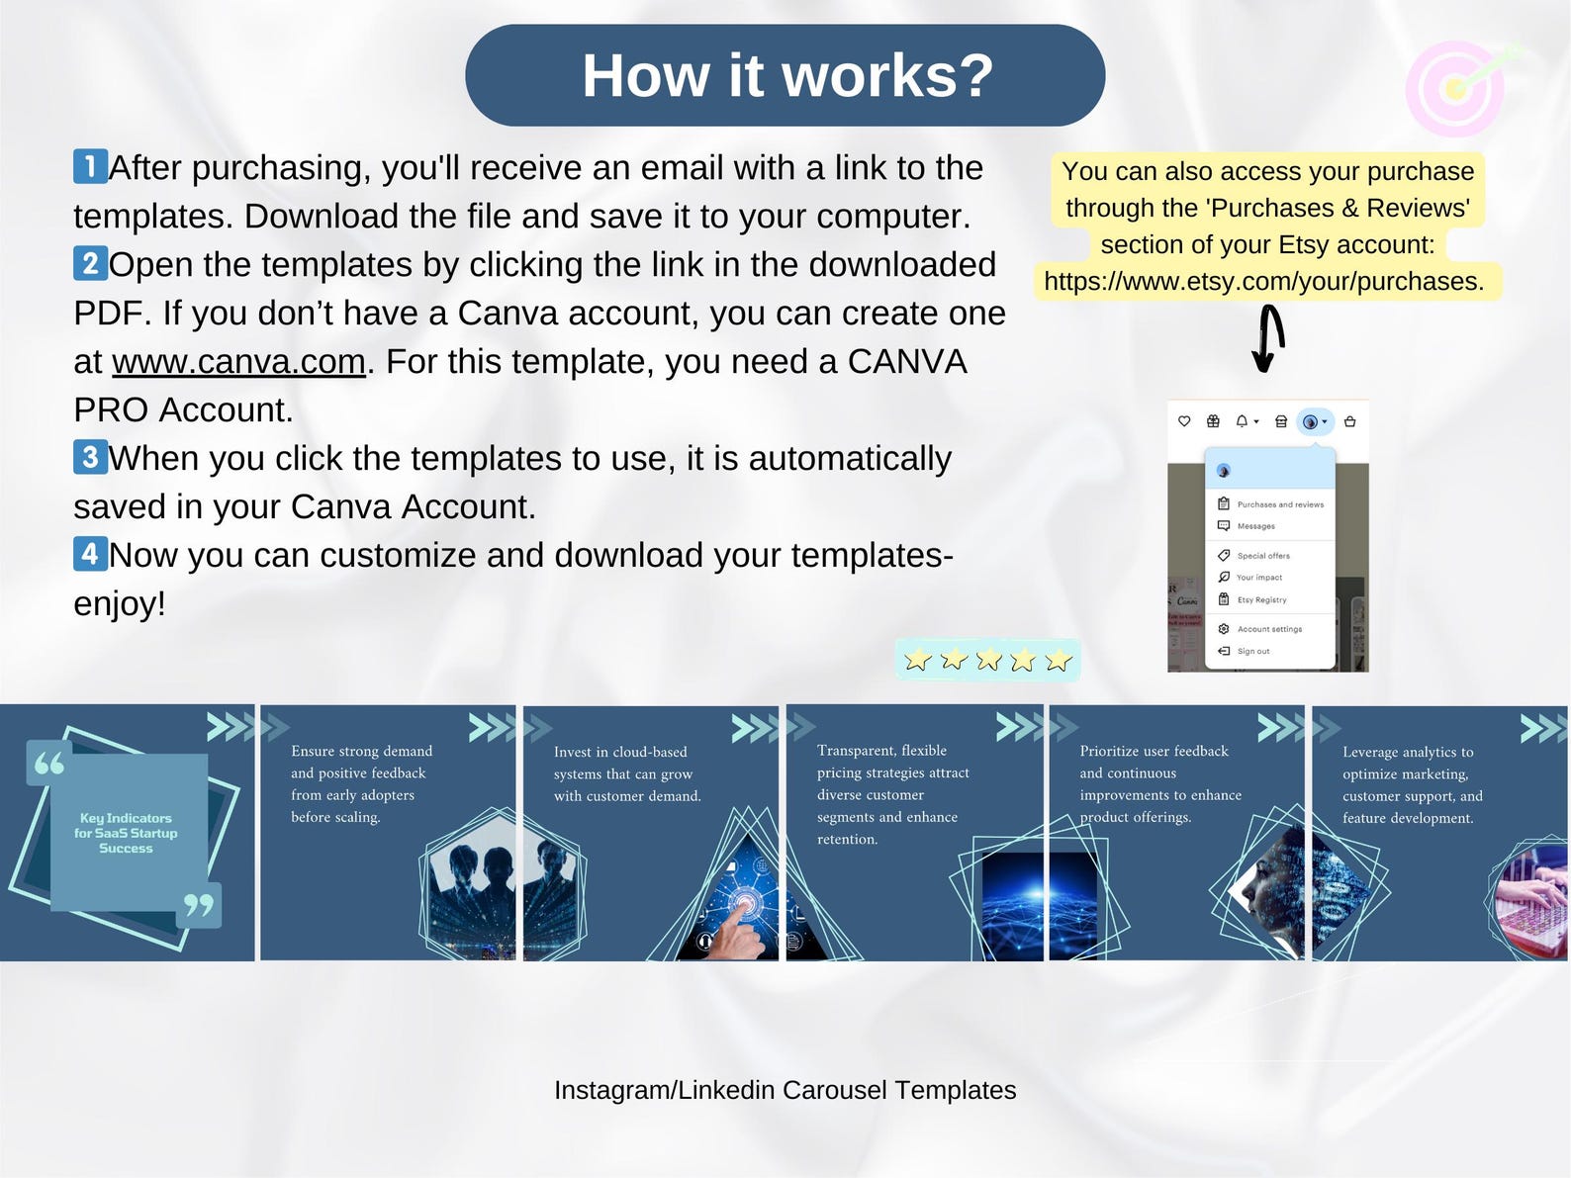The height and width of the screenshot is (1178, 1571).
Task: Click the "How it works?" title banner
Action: tap(785, 75)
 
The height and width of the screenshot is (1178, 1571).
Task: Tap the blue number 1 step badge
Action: tap(90, 166)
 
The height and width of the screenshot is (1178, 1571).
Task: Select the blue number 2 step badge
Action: tap(90, 263)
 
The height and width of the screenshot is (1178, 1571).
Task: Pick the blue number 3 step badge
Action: tap(90, 457)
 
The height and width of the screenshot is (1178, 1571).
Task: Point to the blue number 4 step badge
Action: tap(90, 553)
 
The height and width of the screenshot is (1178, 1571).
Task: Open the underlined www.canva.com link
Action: tap(238, 362)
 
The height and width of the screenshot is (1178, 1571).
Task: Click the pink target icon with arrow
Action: tap(1456, 89)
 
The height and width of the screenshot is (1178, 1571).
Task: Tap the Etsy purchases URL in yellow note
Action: tap(1263, 282)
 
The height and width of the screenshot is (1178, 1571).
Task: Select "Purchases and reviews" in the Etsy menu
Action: tap(1279, 504)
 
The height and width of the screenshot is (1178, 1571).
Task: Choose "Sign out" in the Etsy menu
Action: tap(1252, 651)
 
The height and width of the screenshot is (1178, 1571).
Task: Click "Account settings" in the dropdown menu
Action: tap(1268, 629)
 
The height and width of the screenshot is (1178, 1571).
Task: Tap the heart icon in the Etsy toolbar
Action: tap(1184, 421)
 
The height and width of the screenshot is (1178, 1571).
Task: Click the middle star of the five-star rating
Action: tap(987, 660)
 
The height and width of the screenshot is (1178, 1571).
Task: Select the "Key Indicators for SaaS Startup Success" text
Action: tap(126, 833)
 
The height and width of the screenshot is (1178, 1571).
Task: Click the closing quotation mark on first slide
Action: tap(198, 905)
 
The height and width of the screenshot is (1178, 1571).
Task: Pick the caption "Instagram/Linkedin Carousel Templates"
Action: tap(785, 1090)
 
